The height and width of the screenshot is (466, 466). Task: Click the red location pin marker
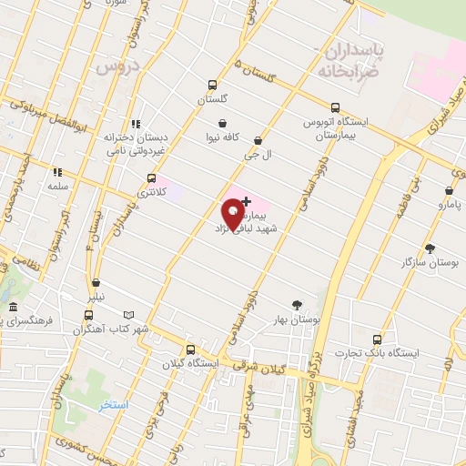tap(232, 214)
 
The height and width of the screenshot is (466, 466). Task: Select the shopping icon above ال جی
tap(258, 140)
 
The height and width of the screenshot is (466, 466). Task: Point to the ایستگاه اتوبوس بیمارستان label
tap(339, 127)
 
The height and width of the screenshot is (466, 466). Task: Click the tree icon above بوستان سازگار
tap(430, 248)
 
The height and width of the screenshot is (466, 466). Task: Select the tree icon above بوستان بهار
tap(297, 306)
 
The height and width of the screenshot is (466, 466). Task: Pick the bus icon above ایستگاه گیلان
tap(190, 349)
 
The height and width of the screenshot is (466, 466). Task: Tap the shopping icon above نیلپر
tap(96, 283)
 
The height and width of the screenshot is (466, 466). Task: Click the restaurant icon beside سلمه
tap(56, 171)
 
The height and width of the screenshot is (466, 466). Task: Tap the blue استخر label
tap(115, 403)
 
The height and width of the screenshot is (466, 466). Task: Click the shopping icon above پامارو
tap(449, 191)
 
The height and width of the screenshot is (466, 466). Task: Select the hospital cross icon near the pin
tap(246, 200)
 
